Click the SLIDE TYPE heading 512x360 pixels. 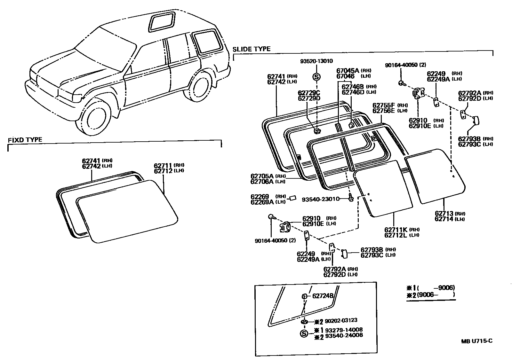pos(251,49)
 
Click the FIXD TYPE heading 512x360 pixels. pos(25,140)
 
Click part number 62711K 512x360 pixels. pos(396,230)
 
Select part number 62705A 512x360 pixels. pos(262,176)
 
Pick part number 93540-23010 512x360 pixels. pos(320,199)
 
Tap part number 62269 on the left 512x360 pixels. pos(260,196)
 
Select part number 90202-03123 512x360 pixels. pos(341,320)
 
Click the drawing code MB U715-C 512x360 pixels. pos(476,341)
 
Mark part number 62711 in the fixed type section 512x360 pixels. pos(163,165)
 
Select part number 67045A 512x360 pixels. pos(348,71)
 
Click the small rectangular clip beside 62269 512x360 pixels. pos(292,198)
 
